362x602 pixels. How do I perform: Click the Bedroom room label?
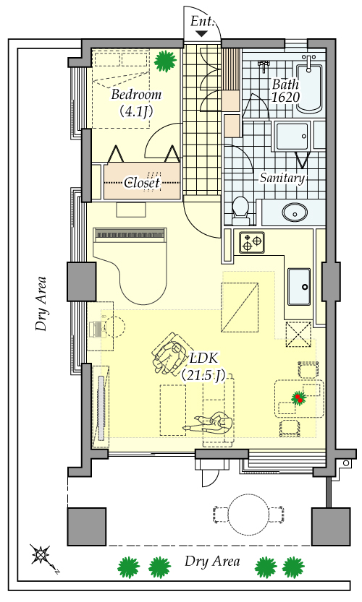136,95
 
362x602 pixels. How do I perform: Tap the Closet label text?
142,183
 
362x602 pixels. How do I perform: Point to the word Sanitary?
282,178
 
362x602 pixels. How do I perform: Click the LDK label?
204,358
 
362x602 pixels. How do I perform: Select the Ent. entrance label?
202,21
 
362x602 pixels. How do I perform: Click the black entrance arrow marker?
201,34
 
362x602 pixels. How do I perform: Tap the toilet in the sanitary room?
241,211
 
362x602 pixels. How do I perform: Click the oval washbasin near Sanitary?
295,212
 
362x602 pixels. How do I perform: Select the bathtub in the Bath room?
309,87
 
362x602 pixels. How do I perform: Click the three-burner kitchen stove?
252,243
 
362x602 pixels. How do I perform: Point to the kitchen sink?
299,287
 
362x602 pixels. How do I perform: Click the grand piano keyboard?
130,233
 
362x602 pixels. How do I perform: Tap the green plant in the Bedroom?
165,61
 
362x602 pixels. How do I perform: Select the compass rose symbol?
40,555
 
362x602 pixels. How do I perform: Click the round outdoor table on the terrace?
248,515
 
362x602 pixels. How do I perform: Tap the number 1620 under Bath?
285,97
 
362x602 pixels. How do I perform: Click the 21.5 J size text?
203,376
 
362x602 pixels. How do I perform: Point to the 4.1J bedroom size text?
136,111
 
